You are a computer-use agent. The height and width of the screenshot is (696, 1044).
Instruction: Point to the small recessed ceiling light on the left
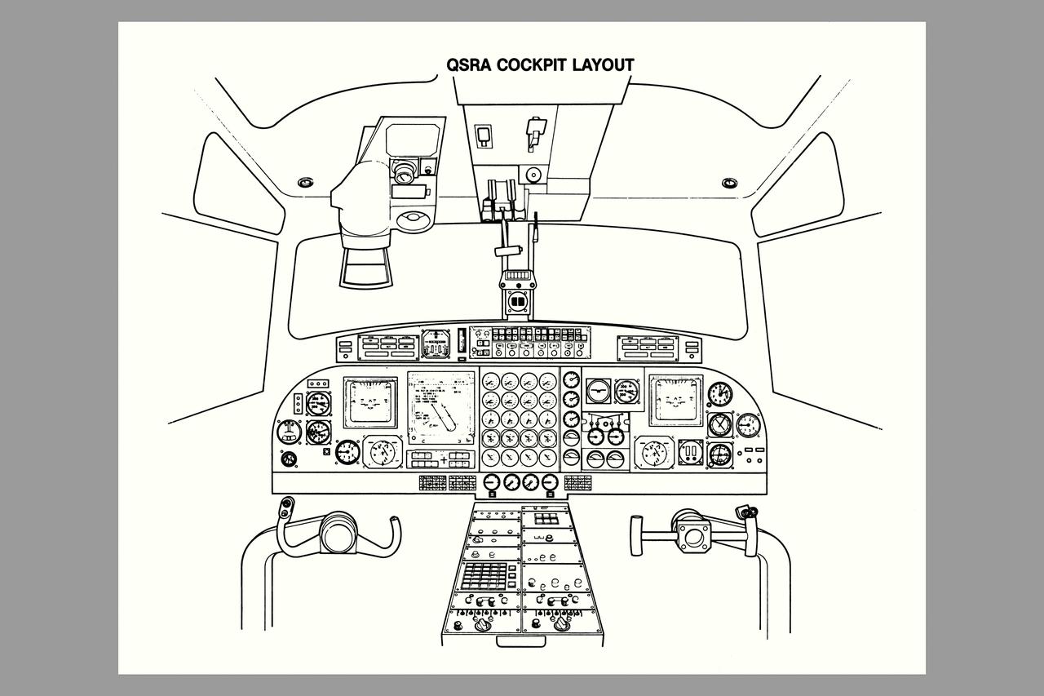(306, 182)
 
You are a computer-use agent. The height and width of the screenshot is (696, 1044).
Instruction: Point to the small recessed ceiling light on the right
(731, 182)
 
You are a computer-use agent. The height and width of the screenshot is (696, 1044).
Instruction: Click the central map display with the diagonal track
(440, 408)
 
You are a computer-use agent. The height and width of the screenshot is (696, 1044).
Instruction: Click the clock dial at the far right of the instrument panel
(719, 394)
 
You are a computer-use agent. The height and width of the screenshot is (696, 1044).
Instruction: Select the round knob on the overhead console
(533, 174)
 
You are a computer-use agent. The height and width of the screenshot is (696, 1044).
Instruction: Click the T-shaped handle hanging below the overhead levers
(511, 250)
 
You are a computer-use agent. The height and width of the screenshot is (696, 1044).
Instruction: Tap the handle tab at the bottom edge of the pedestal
(521, 641)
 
